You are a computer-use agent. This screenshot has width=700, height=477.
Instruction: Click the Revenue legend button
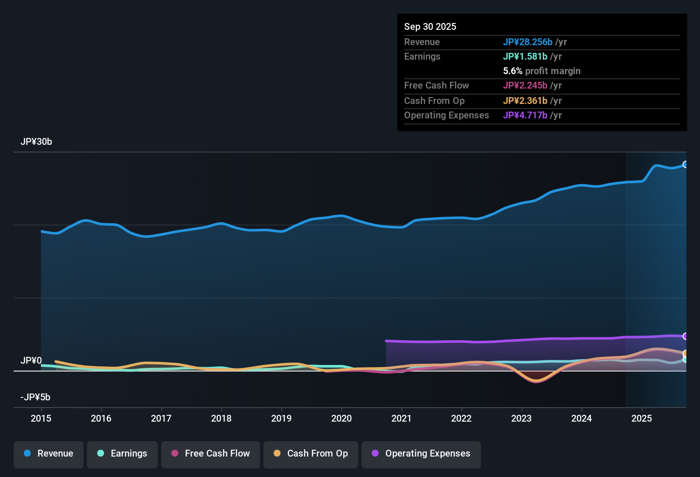49,454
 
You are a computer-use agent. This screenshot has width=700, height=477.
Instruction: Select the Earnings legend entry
122,454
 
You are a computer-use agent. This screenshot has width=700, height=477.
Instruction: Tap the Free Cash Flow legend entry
211,454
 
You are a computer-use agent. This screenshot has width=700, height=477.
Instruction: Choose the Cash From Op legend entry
311,454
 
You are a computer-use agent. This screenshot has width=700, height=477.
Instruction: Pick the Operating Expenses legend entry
421,454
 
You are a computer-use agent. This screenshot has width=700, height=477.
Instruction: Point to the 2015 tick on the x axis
41,418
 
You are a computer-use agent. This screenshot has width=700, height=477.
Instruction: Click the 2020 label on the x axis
341,418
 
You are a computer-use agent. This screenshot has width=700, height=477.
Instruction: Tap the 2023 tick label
521,418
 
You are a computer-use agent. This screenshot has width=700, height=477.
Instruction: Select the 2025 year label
642,418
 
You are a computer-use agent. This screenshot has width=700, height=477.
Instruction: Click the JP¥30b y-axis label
36,142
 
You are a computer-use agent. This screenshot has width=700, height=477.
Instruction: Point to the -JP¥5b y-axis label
35,397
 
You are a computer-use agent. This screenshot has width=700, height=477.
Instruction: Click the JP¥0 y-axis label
31,361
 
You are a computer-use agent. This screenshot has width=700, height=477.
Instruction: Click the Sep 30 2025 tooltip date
430,26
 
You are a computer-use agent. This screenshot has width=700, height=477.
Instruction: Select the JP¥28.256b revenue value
528,42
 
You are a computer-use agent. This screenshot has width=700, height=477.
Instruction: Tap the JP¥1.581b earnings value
525,56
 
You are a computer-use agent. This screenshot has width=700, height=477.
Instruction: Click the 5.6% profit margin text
542,71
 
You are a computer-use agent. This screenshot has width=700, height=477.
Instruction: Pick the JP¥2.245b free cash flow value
525,85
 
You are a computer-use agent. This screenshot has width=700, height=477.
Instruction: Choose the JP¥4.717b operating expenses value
525,115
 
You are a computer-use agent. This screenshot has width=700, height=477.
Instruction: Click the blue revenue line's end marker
686,164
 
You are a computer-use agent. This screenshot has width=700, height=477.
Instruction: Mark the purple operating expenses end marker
686,336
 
